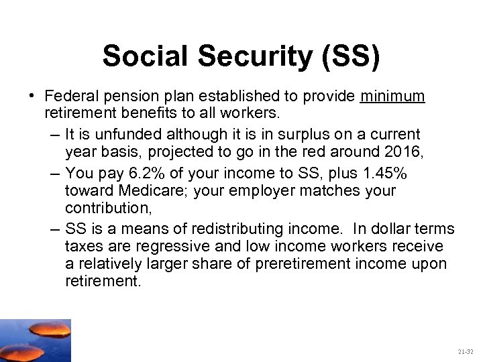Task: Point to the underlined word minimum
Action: point(392,97)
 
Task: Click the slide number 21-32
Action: point(465,351)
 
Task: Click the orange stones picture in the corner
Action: point(35,340)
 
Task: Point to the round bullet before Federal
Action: point(32,97)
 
